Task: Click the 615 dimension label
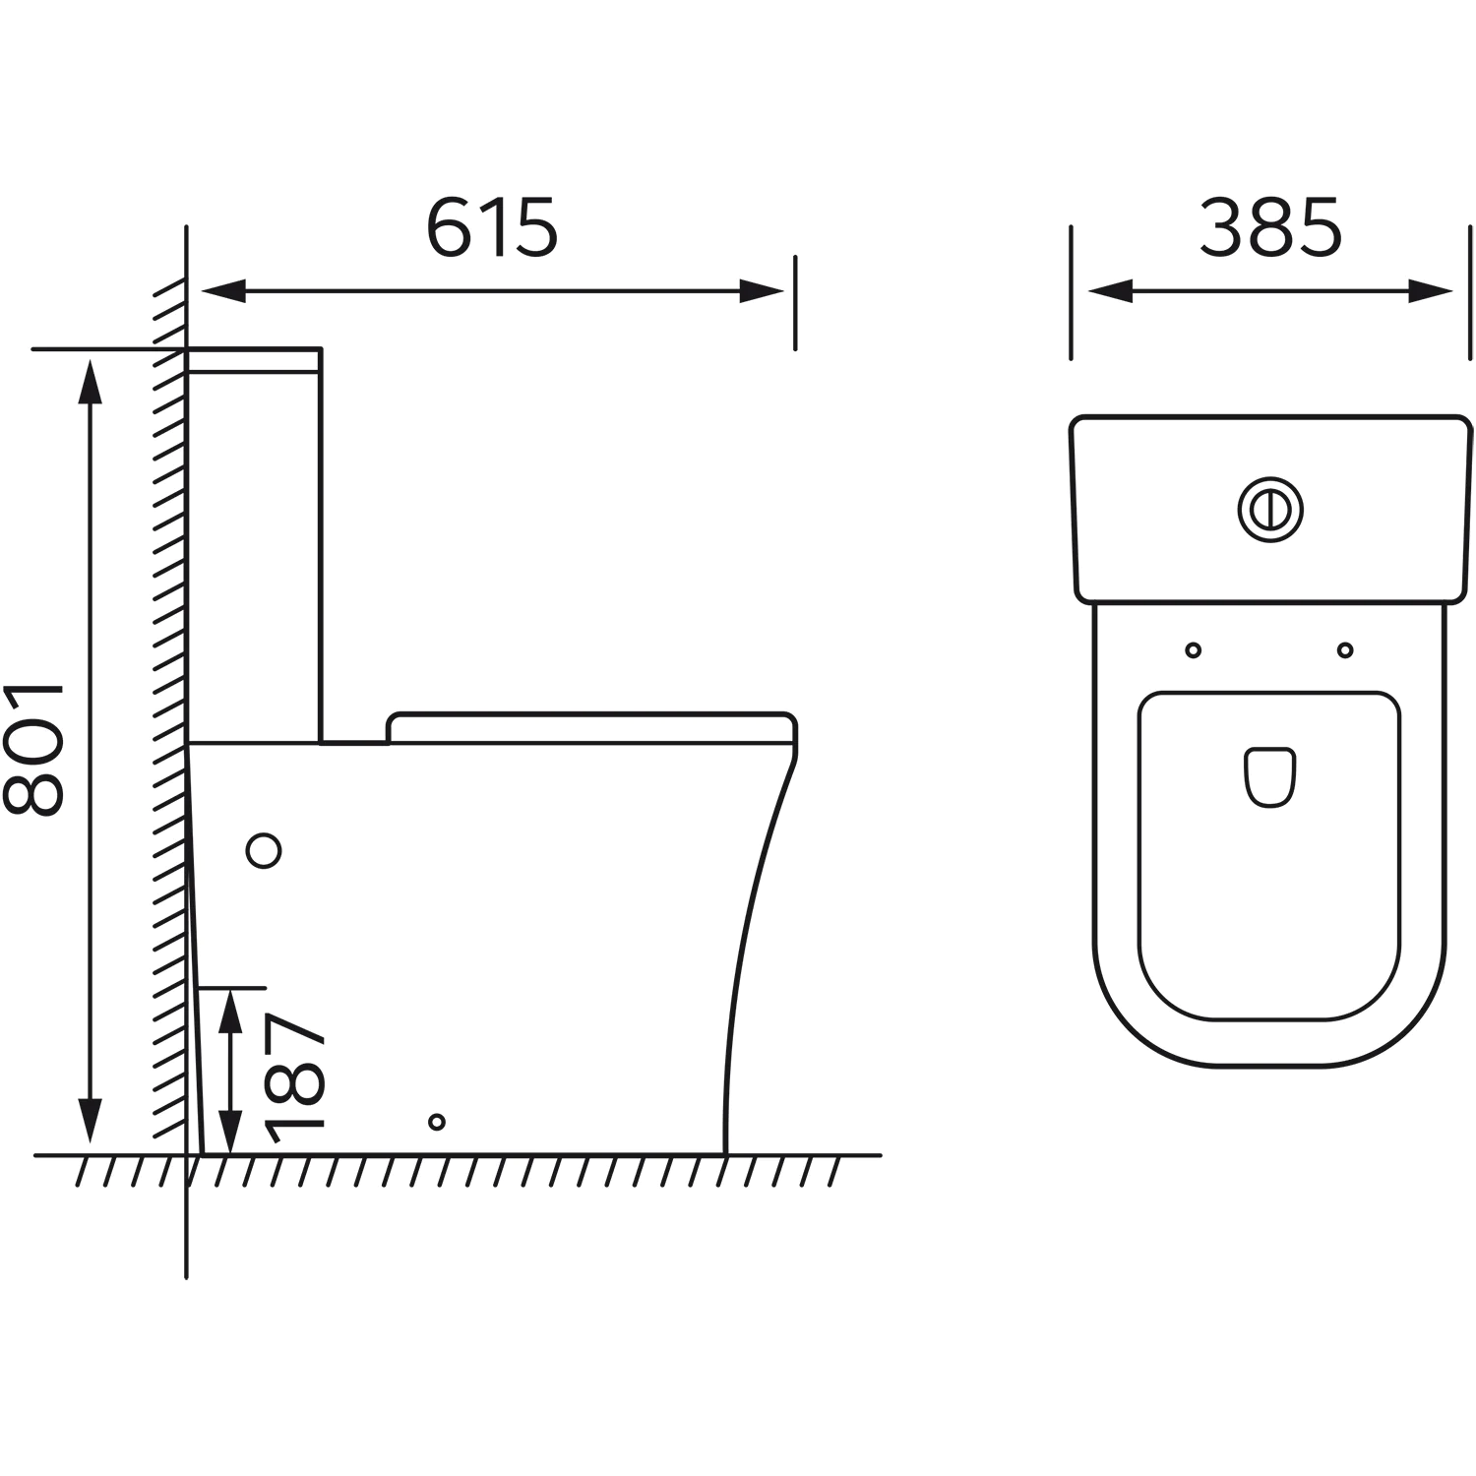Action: point(492,228)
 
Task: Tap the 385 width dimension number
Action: point(1270,228)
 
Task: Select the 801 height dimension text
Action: point(33,750)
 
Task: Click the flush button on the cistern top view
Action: point(1270,509)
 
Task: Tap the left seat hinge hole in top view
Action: point(1194,649)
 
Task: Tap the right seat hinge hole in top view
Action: point(1345,649)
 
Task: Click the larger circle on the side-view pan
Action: point(264,849)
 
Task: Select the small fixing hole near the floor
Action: point(437,1122)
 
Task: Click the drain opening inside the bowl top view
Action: point(1269,778)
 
